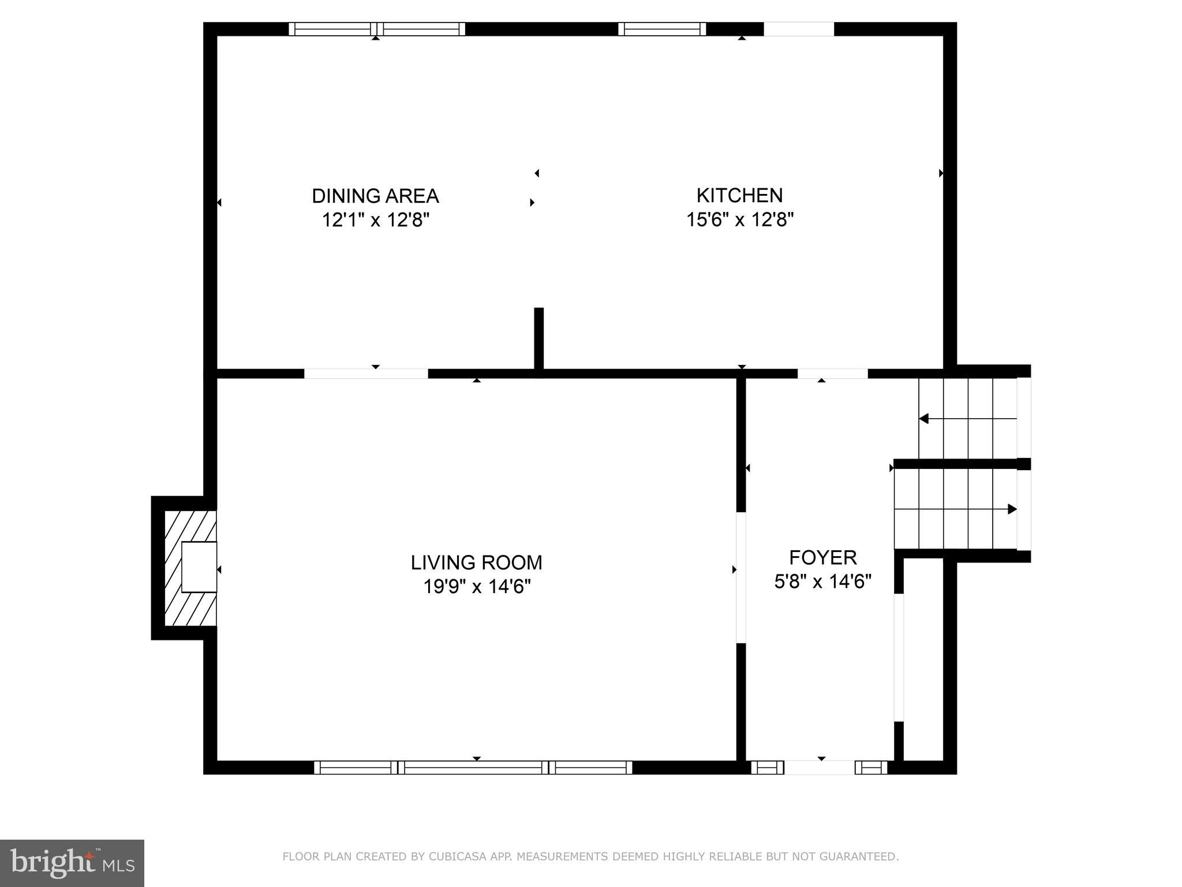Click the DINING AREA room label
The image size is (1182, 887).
pyautogui.click(x=375, y=196)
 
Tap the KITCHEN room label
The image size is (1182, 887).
pyautogui.click(x=739, y=196)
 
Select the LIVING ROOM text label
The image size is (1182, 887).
pyautogui.click(x=476, y=562)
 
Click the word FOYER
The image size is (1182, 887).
pyautogui.click(x=822, y=558)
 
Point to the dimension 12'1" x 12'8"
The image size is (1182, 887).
pyautogui.click(x=375, y=220)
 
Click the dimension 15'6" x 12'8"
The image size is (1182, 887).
pyautogui.click(x=739, y=220)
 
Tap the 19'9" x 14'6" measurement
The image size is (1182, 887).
pyautogui.click(x=476, y=587)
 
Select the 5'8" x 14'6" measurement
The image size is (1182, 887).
pyautogui.click(x=822, y=582)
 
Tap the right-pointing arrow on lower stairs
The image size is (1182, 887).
pyautogui.click(x=1011, y=509)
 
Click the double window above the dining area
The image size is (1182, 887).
pyautogui.click(x=376, y=29)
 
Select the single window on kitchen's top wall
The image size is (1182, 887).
pyautogui.click(x=662, y=29)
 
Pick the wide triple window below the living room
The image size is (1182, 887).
pyautogui.click(x=473, y=767)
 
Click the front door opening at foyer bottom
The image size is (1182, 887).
pyautogui.click(x=819, y=767)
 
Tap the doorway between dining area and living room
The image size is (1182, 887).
pyautogui.click(x=366, y=374)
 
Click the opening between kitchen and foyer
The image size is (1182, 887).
pyautogui.click(x=832, y=374)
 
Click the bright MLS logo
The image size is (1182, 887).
pyautogui.click(x=72, y=863)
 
